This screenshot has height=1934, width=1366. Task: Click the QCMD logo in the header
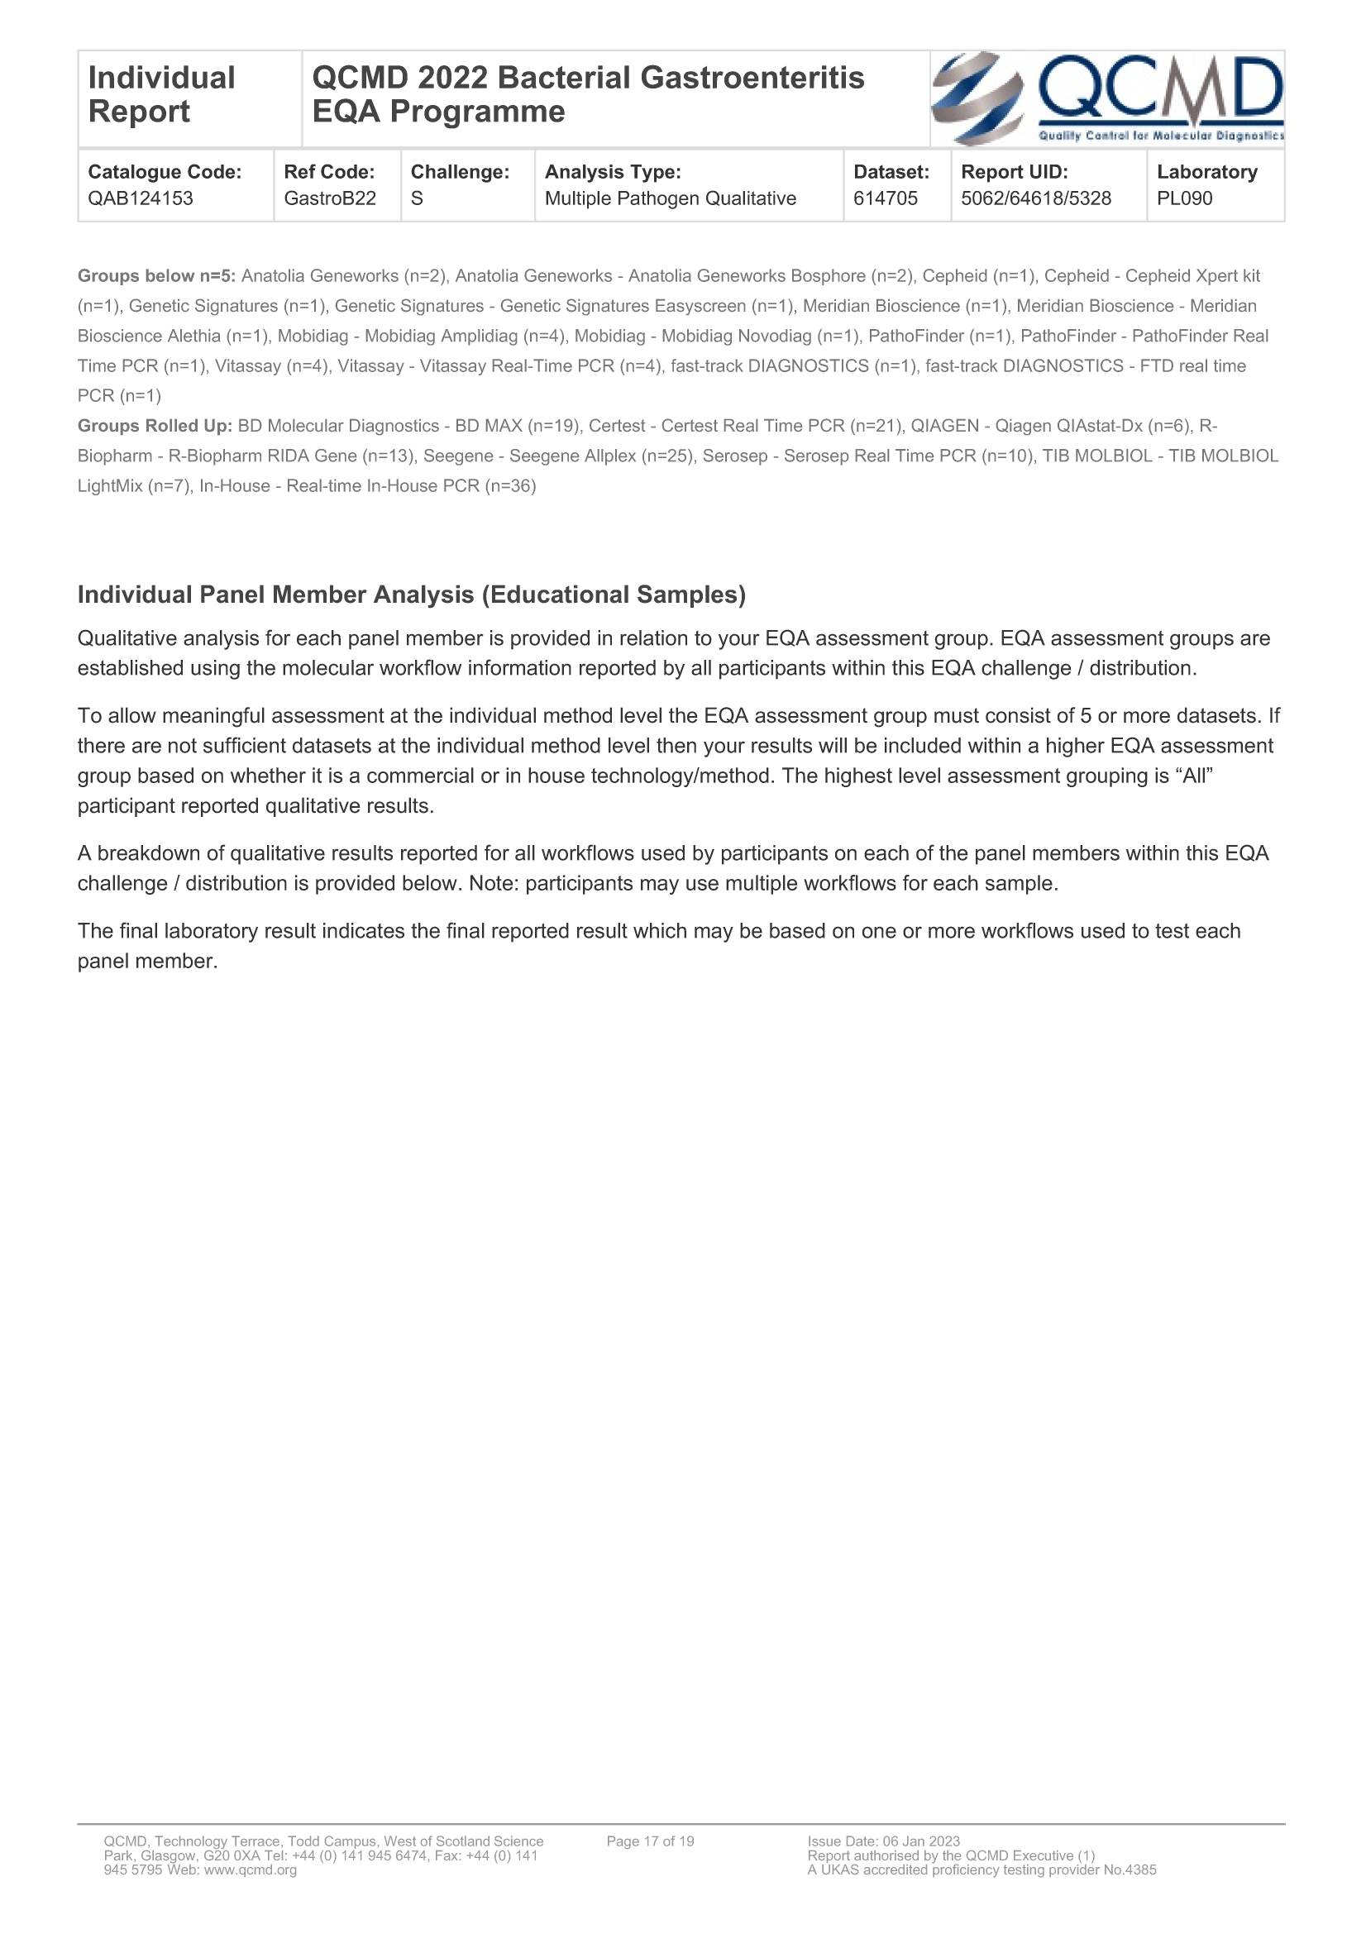coord(1106,98)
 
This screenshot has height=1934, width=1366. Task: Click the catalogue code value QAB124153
coord(141,198)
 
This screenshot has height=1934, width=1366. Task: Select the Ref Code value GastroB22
coord(329,198)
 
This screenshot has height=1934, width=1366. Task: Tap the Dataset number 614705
coord(885,198)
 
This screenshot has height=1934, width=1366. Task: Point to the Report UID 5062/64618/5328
coord(1036,198)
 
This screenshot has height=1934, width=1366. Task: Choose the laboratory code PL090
coord(1184,198)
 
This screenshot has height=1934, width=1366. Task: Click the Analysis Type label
coord(612,172)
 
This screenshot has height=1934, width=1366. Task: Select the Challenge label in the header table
coord(460,172)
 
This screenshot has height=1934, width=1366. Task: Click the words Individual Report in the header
coord(161,94)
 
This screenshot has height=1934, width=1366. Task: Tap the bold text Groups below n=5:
coord(156,276)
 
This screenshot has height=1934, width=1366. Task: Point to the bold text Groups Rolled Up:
coord(155,426)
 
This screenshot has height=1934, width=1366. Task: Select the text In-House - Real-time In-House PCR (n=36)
coord(367,486)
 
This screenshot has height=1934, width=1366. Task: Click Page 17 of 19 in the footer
coord(650,1841)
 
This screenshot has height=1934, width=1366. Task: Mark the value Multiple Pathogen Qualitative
coord(671,198)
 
